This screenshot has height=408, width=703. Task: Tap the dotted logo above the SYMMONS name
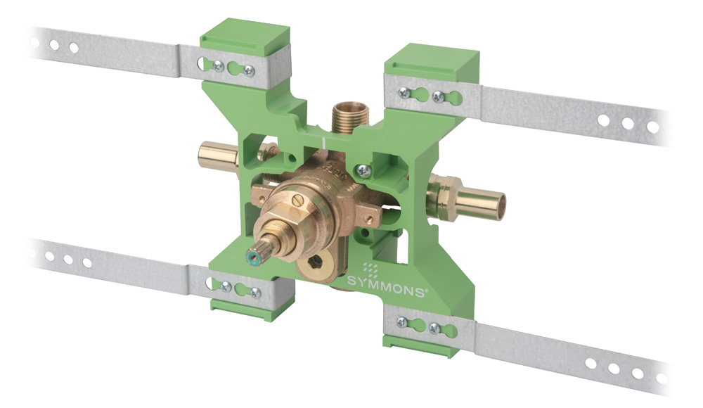coord(370,271)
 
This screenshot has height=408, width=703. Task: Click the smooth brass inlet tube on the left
coord(219,155)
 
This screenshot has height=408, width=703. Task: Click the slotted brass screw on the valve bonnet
coord(297,199)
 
